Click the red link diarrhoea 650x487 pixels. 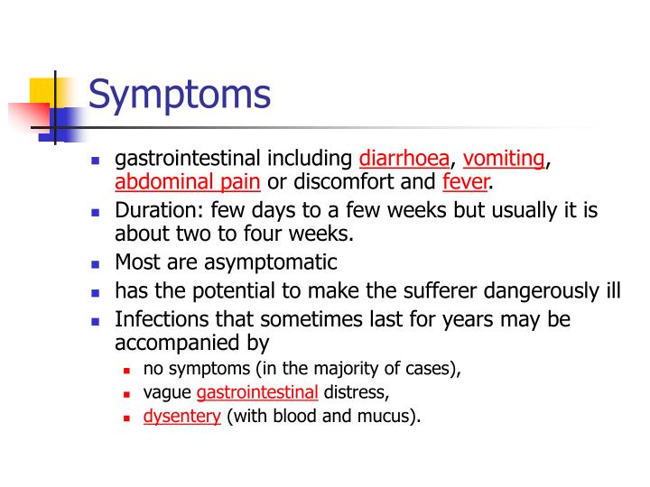click(404, 160)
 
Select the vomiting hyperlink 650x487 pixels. click(504, 160)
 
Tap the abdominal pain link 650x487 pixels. click(188, 183)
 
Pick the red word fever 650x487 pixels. click(465, 183)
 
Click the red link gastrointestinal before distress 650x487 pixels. click(257, 393)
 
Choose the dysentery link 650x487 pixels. click(181, 418)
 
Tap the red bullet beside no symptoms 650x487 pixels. click(127, 370)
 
